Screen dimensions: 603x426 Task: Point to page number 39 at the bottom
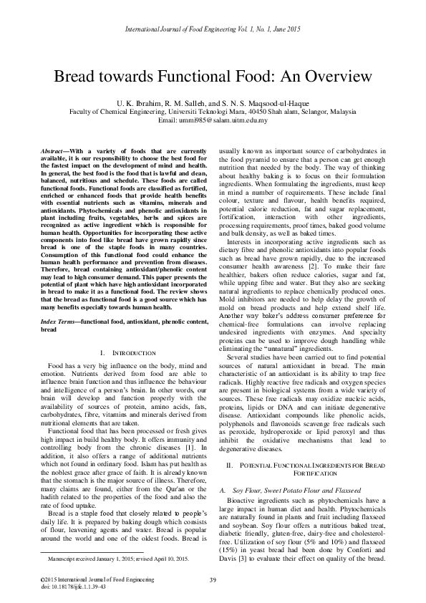[213, 579]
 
